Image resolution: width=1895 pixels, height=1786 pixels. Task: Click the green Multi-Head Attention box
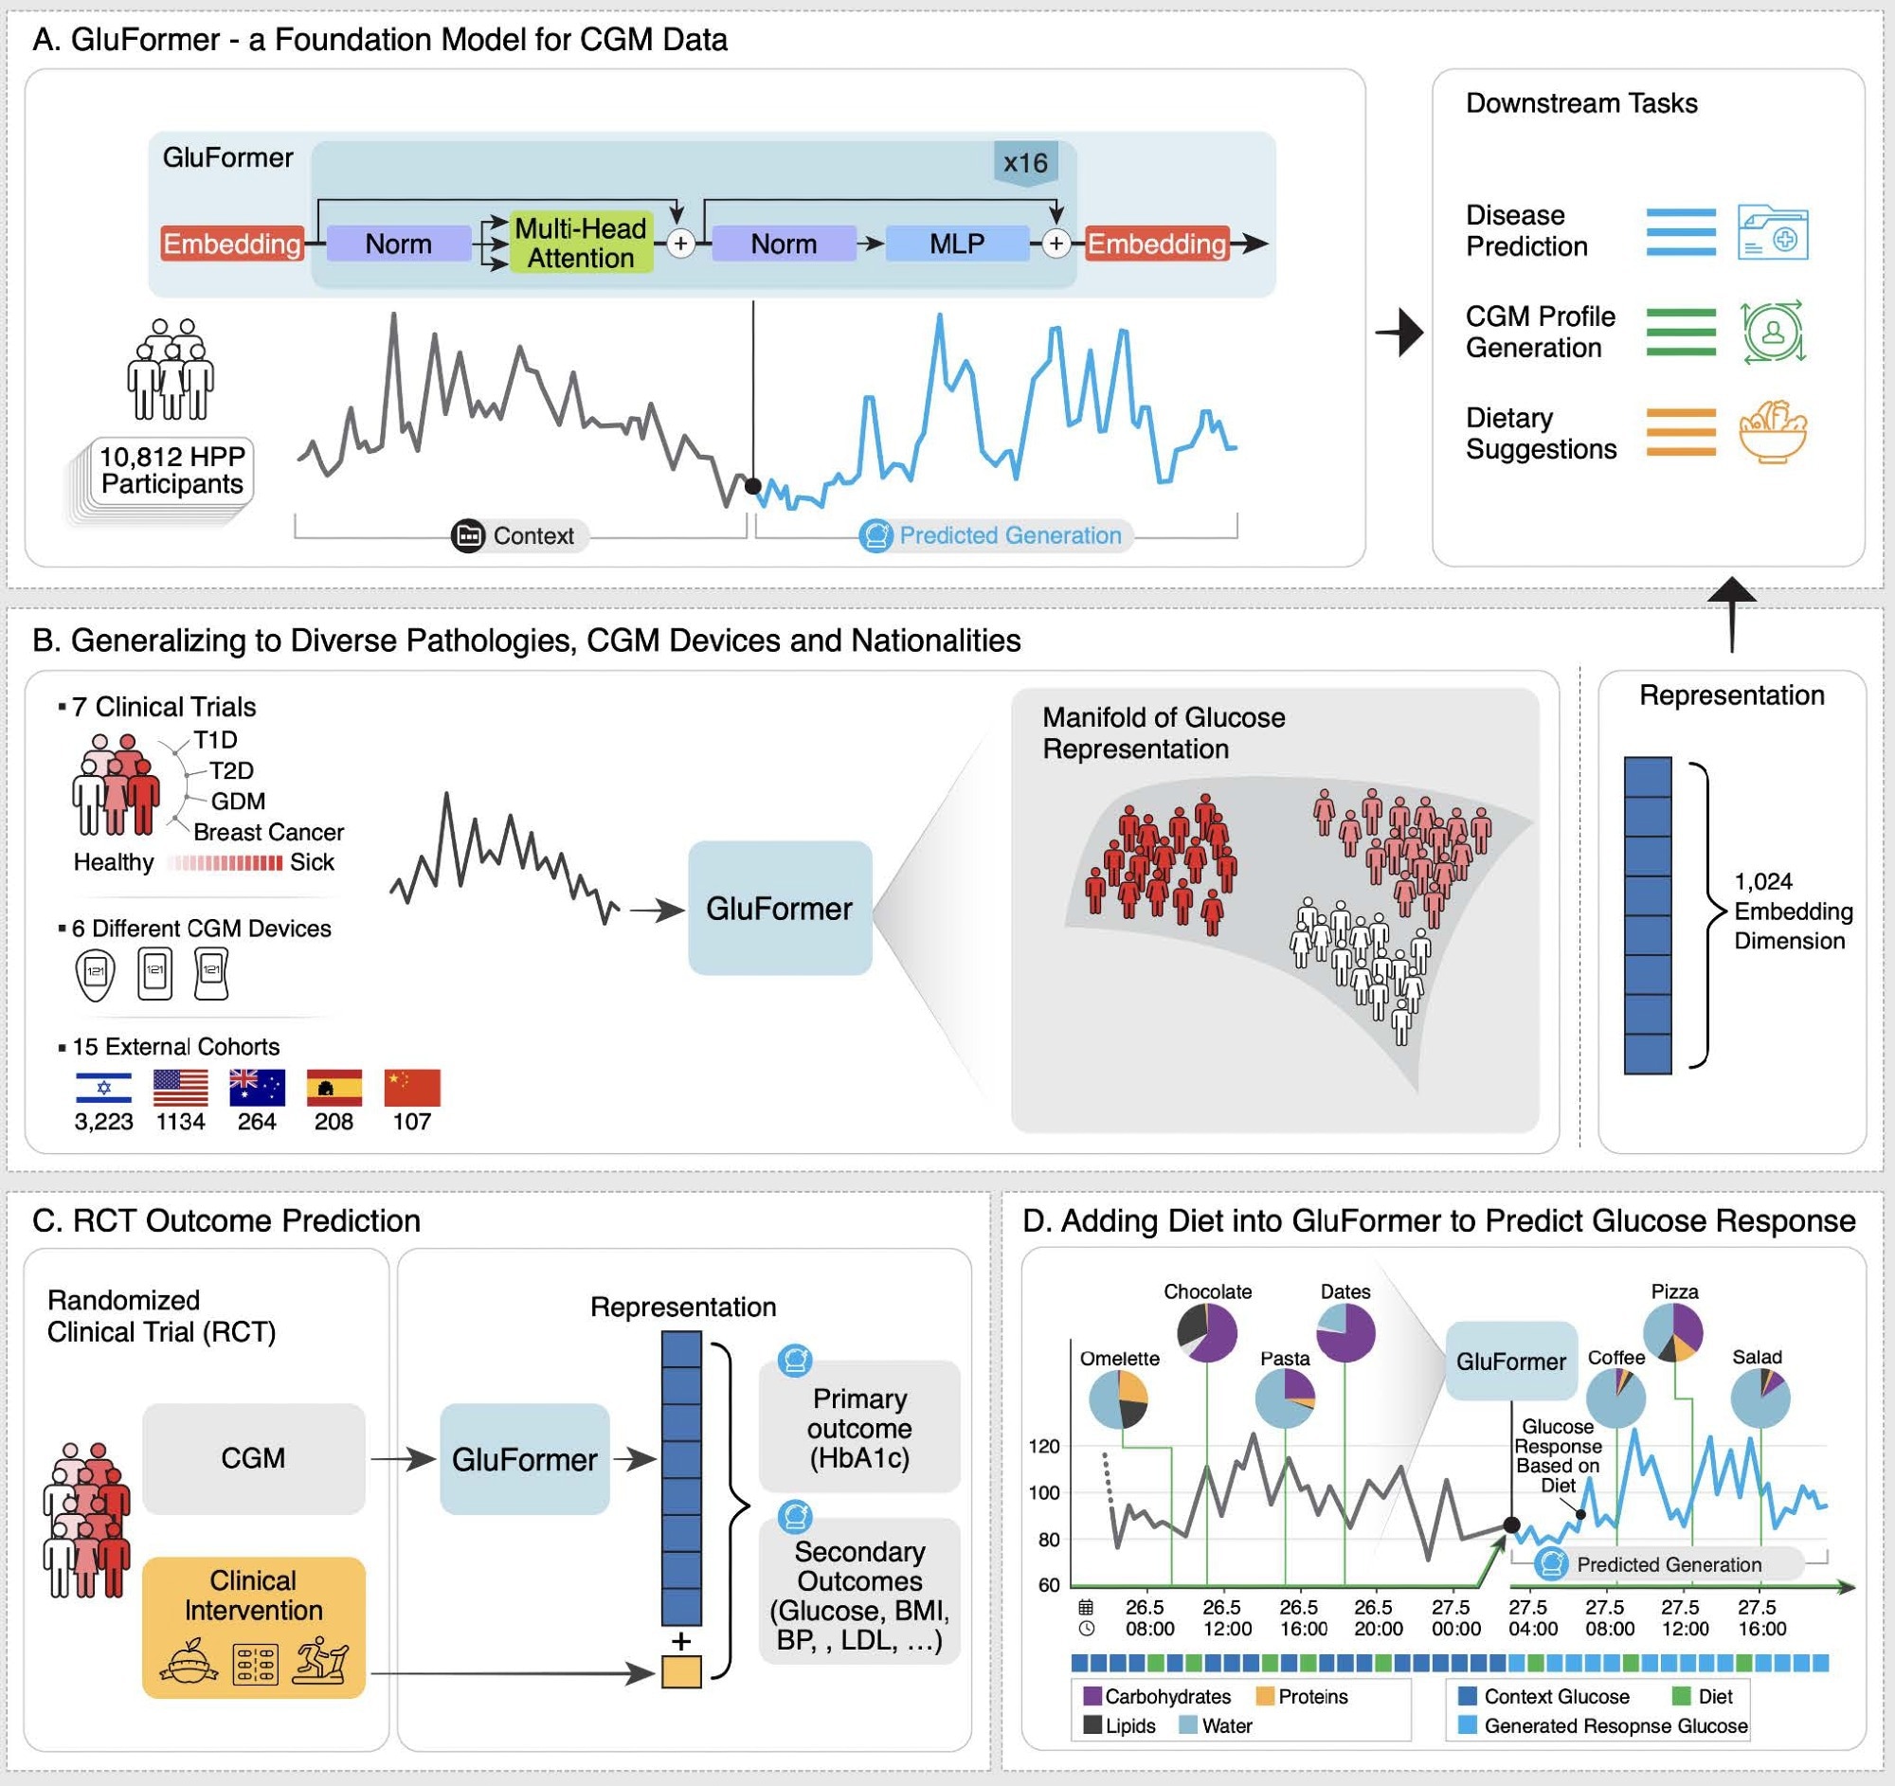[x=581, y=243]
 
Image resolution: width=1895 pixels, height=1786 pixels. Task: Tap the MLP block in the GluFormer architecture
[x=957, y=243]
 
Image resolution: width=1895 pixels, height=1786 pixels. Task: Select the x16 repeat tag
[x=1025, y=163]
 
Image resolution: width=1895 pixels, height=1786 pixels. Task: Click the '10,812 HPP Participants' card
[x=172, y=470]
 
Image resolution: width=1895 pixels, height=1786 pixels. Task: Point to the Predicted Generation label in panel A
[x=1009, y=535]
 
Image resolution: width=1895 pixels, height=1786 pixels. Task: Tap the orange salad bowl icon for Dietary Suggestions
[x=1772, y=433]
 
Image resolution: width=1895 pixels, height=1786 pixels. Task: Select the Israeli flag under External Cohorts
[x=104, y=1088]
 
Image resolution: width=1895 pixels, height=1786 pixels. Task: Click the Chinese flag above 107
[x=412, y=1088]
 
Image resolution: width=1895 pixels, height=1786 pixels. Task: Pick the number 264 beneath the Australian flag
[x=258, y=1122]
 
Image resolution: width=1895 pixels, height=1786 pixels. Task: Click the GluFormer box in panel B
[x=780, y=909]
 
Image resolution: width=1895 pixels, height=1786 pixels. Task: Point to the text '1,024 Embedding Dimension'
[x=1792, y=911]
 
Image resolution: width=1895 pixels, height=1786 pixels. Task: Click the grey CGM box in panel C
[x=254, y=1458]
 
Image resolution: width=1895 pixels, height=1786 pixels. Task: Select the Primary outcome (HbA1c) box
[x=858, y=1428]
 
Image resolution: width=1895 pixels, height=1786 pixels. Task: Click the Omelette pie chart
[x=1118, y=1399]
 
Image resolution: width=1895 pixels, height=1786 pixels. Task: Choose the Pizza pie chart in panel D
[x=1673, y=1331]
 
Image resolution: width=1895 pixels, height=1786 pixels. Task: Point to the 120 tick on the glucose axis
[x=1045, y=1446]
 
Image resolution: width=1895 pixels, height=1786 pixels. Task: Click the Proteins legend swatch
[x=1265, y=1696]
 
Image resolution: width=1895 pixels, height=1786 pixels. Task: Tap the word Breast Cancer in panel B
[x=268, y=832]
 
